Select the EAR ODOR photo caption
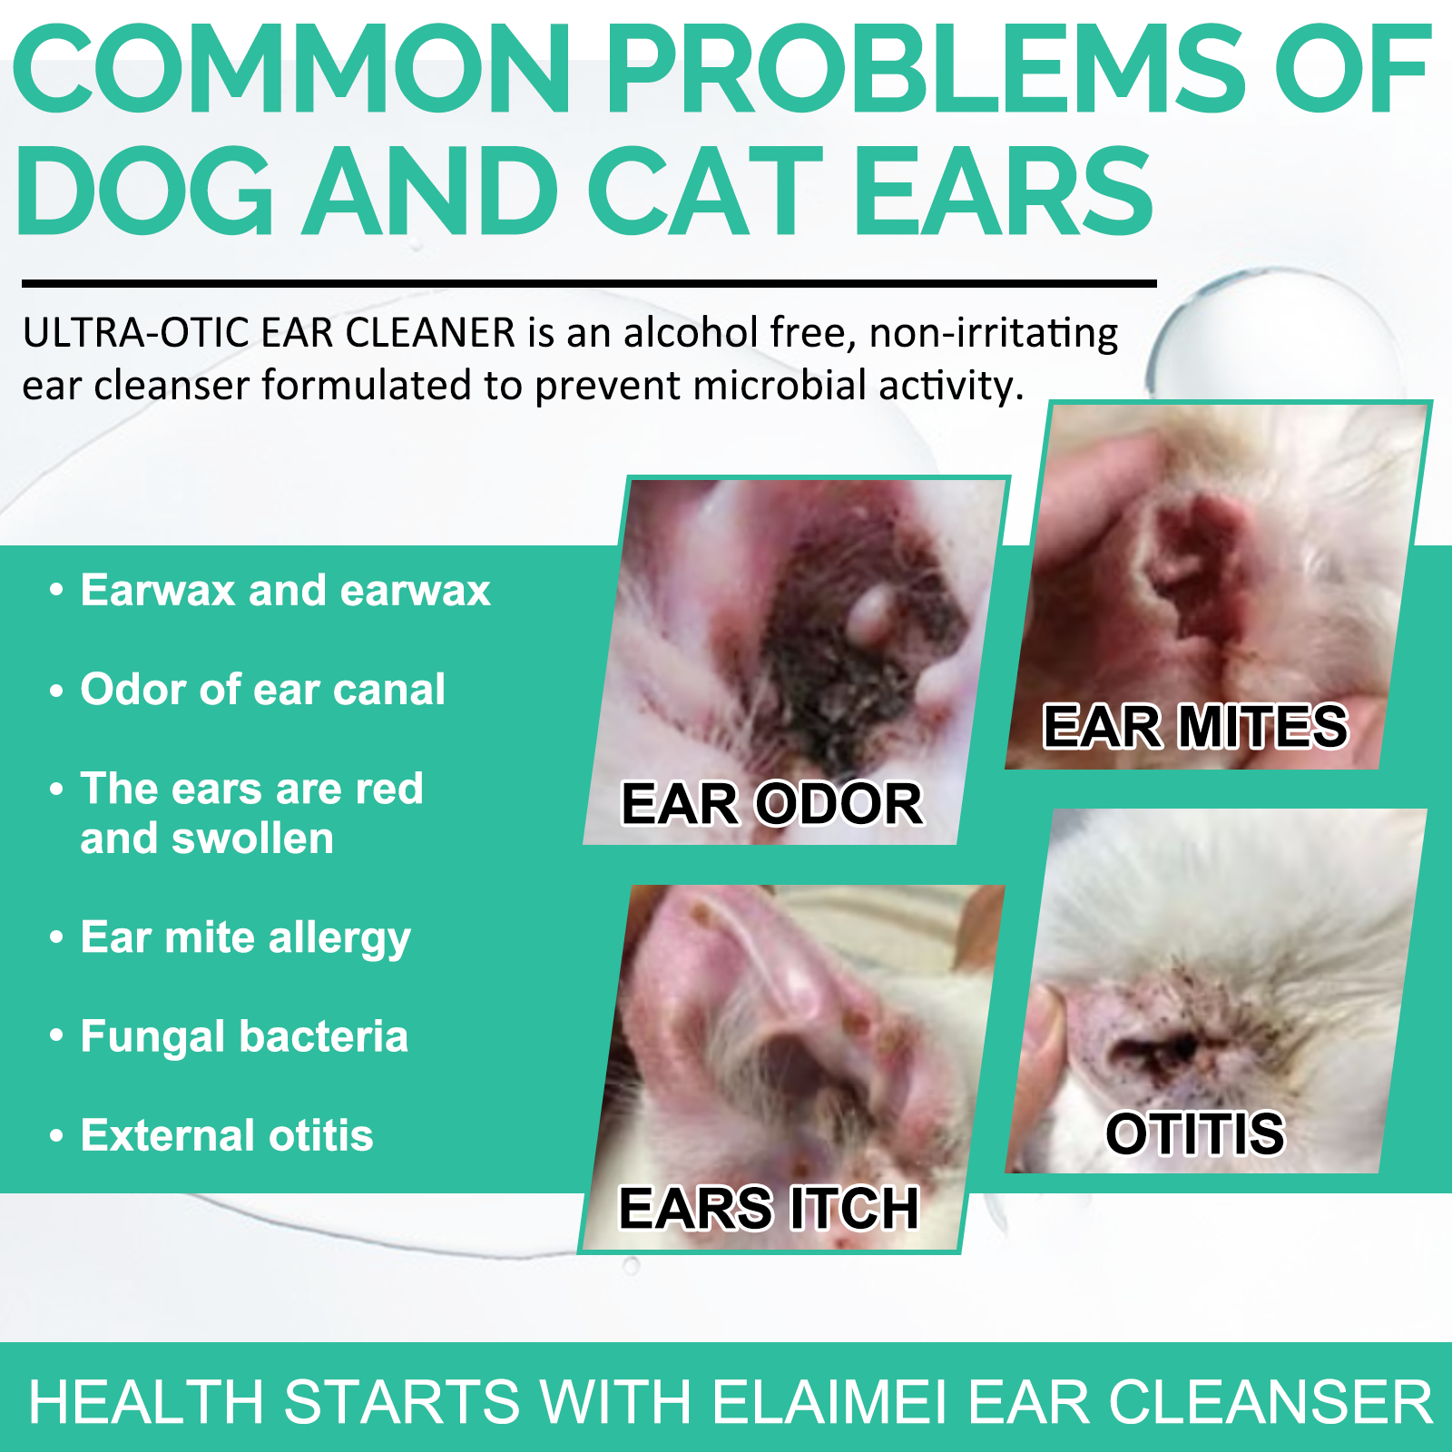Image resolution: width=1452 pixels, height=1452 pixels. pyautogui.click(x=771, y=803)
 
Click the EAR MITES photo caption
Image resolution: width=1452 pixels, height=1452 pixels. pyautogui.click(x=1195, y=726)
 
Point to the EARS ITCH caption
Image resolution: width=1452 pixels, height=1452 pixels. pyautogui.click(x=769, y=1208)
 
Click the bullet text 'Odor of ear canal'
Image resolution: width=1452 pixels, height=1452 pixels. pyautogui.click(x=263, y=689)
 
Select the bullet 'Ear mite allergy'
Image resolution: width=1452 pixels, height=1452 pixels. pyautogui.click(x=246, y=937)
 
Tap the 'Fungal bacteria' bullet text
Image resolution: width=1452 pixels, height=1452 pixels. pyautogui.click(x=244, y=1036)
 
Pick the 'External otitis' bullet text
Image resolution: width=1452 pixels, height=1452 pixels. pyautogui.click(x=227, y=1134)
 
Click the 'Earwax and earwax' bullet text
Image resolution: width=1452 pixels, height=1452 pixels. pyautogui.click(x=286, y=590)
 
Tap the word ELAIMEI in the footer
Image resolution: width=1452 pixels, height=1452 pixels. pyautogui.click(x=829, y=1402)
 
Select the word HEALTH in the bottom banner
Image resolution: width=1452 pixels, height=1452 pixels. pyautogui.click(x=146, y=1402)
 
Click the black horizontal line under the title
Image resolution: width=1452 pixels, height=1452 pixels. pyautogui.click(x=589, y=284)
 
